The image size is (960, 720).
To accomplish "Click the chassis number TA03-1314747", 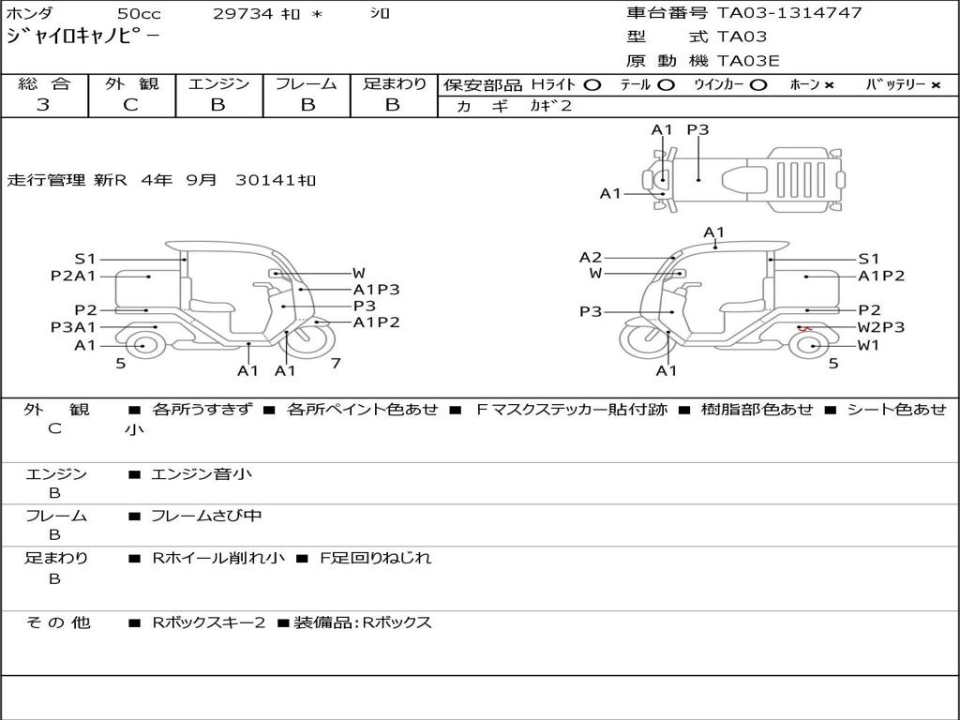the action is [x=789, y=12].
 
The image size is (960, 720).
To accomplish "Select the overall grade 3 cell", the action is [x=43, y=105].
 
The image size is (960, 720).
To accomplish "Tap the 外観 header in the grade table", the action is [x=131, y=83].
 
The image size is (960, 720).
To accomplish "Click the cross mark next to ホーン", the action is [x=829, y=85].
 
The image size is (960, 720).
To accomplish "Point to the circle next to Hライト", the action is [x=592, y=85].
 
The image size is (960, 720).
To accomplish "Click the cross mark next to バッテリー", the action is [x=936, y=85].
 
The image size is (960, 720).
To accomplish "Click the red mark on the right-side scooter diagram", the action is [x=805, y=329].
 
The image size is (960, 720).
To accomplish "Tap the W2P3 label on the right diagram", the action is [x=881, y=327].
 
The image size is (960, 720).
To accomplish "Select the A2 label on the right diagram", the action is [x=591, y=257].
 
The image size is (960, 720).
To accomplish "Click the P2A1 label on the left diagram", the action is [x=73, y=277].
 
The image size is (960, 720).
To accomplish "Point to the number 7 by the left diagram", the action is [x=336, y=363].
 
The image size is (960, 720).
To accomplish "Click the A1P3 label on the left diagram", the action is [x=377, y=290].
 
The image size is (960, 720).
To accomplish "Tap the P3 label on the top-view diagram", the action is [x=697, y=129].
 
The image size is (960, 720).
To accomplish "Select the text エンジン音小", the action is [x=202, y=473].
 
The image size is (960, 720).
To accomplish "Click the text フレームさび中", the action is [x=206, y=517].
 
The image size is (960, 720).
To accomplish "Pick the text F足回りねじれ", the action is [x=376, y=559].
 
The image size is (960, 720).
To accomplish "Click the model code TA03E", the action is [x=748, y=61].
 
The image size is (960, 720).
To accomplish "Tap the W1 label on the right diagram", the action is [x=869, y=345].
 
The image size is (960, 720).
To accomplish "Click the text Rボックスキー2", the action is [x=209, y=622].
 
